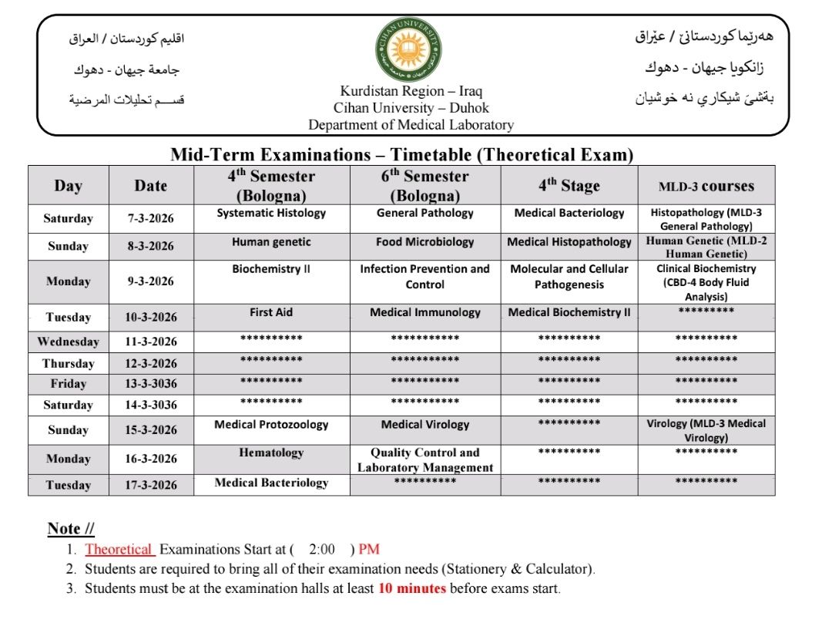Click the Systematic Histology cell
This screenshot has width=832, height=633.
[271, 214]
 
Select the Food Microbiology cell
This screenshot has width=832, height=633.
[424, 242]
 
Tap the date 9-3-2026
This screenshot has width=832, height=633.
[150, 281]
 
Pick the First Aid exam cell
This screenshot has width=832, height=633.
[271, 313]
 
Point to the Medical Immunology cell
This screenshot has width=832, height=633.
[424, 313]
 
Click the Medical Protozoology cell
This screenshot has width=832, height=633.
[271, 425]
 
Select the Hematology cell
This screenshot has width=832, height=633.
[271, 453]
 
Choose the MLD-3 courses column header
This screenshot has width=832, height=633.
[706, 187]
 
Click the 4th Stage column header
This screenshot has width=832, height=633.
[569, 186]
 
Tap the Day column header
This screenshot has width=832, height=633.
[68, 186]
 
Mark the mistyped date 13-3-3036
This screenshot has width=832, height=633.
[151, 384]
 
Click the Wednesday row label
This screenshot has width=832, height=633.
[68, 342]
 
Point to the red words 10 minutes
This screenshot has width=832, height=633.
[411, 589]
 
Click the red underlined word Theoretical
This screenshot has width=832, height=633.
[119, 550]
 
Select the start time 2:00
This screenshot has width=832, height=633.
[321, 550]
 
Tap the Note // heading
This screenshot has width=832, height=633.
[71, 529]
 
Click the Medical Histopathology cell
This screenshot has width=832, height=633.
[569, 242]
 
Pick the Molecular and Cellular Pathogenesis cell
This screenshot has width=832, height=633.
[569, 277]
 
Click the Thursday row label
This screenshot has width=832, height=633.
[68, 364]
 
